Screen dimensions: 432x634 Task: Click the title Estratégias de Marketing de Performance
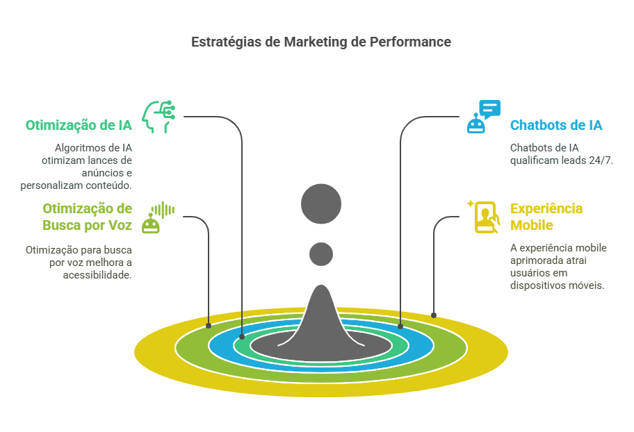click(x=321, y=42)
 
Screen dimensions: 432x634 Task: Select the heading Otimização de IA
click(x=79, y=126)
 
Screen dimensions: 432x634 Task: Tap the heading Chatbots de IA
click(x=556, y=126)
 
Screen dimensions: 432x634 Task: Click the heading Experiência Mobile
click(x=546, y=217)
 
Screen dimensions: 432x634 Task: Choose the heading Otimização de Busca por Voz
click(x=87, y=217)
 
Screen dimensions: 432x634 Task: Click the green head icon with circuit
click(x=158, y=117)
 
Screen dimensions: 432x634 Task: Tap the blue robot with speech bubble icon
click(x=483, y=117)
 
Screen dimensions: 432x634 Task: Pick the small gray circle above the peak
click(x=321, y=254)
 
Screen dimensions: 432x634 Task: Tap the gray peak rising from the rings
click(x=321, y=313)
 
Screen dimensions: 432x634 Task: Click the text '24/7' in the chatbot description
click(x=602, y=160)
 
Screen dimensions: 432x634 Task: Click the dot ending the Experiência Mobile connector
click(x=434, y=315)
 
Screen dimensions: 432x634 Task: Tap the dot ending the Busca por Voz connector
click(x=209, y=324)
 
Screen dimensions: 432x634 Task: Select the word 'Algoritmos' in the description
click(x=80, y=148)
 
